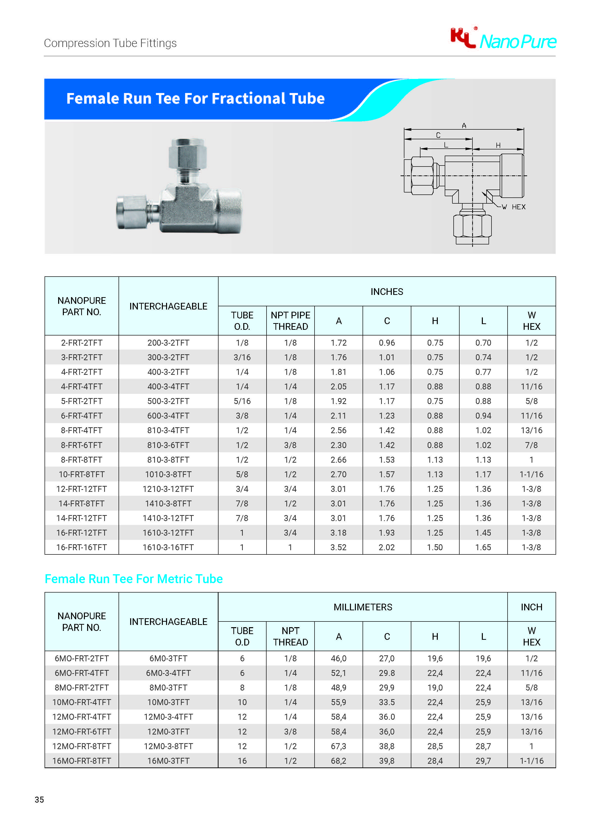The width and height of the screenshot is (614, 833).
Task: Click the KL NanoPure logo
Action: coord(503,39)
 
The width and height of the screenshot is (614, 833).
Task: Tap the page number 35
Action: coord(39,800)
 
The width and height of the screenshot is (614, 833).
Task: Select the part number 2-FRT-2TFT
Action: coord(81,343)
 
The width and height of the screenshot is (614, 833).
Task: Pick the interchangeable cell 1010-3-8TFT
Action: coord(168,474)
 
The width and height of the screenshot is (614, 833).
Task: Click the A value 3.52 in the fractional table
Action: coord(338,547)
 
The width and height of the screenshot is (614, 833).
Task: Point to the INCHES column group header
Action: coord(387,292)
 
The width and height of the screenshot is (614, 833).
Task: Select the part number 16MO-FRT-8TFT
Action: coord(81,761)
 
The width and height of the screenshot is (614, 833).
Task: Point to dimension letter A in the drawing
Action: coord(464,126)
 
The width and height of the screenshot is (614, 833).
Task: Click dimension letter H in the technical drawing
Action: coord(498,145)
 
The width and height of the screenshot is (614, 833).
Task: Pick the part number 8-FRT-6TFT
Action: coord(81,445)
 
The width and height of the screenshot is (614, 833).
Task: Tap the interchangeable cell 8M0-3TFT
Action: coord(168,687)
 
